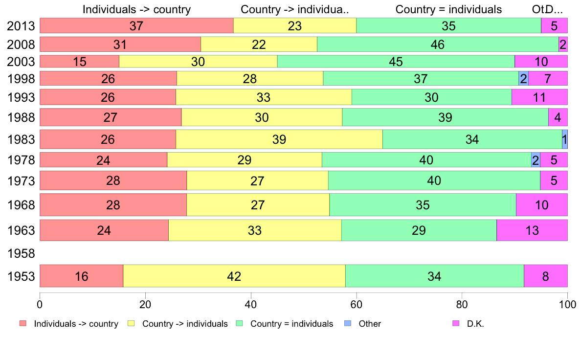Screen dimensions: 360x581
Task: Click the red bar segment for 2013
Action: coord(136,26)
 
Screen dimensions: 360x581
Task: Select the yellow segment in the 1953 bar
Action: coord(234,276)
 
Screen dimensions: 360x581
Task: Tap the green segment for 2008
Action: coord(438,45)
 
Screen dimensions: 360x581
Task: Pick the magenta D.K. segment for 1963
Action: coord(532,230)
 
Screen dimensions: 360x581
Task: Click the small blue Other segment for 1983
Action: coord(564,139)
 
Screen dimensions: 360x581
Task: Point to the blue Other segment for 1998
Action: coord(523,78)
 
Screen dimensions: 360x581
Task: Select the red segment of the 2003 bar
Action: coord(79,62)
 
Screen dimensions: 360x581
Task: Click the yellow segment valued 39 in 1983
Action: coord(279,139)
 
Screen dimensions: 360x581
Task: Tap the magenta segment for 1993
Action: coord(539,97)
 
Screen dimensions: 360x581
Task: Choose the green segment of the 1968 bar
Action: coord(423,204)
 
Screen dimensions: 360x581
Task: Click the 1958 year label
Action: coord(21,254)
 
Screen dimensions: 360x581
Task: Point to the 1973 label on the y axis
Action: coord(21,181)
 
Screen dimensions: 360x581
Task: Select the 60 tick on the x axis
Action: coord(357,303)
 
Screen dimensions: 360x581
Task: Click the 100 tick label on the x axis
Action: coord(567,303)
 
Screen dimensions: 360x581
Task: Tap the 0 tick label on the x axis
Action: coord(40,303)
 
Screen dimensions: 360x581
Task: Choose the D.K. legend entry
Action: coord(475,323)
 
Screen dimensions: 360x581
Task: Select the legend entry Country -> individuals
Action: coord(185,323)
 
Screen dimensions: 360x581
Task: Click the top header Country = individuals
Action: coord(448,9)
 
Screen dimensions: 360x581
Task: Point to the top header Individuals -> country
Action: coord(136,9)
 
